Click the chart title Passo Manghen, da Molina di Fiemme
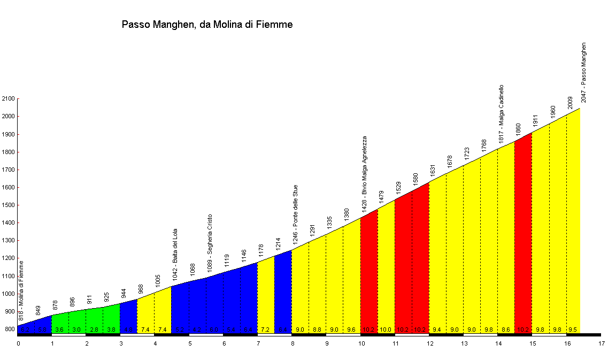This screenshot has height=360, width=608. (207, 25)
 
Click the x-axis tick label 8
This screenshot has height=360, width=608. (292, 343)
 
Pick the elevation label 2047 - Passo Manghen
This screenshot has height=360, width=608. (584, 73)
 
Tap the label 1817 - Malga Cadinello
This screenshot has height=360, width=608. (501, 113)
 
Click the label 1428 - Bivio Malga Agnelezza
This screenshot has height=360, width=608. (365, 174)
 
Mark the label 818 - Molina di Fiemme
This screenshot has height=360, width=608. (21, 290)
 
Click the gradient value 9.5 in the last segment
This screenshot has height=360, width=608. (573, 330)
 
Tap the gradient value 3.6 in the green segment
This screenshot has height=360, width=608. (59, 330)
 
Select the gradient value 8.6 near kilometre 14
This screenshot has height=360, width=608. (505, 330)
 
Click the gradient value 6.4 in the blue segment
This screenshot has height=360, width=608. (283, 330)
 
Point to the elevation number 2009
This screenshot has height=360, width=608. (570, 103)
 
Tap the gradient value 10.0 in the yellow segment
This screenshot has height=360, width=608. (386, 330)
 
